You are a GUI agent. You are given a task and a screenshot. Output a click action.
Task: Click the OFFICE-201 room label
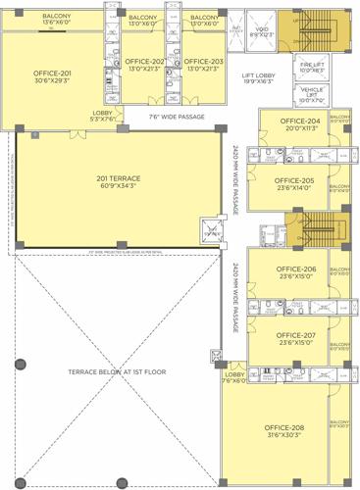pos(52,73)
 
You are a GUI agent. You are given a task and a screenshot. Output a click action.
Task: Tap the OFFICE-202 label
pos(145,62)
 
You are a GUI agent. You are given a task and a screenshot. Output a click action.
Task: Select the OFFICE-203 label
pos(203,62)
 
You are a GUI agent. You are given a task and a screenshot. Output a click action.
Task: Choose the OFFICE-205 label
pos(294,180)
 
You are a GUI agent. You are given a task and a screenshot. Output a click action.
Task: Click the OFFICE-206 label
pos(295,269)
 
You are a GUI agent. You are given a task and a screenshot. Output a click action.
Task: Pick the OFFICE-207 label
pos(295,335)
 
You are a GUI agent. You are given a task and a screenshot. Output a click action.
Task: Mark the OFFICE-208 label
pos(283,427)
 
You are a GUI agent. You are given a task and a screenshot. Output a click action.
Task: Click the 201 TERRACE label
pos(118,178)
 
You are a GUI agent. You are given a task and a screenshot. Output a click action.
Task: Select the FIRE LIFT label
pos(312,65)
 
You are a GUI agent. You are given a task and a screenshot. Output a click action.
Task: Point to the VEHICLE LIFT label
pos(312,93)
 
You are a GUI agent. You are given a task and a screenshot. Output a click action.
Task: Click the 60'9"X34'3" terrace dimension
pos(118,186)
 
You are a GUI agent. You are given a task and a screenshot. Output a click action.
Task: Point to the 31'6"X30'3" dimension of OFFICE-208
pos(283,436)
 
